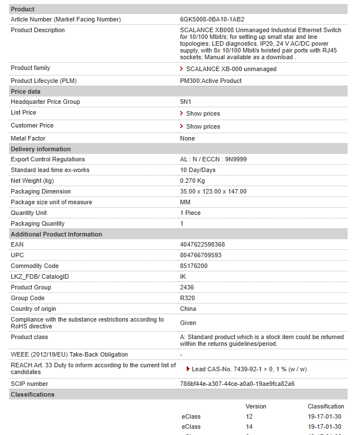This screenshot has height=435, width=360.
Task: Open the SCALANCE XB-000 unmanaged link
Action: (x=231, y=69)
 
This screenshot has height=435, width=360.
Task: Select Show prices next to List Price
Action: (x=203, y=113)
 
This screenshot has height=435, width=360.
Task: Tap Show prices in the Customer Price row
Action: (x=203, y=126)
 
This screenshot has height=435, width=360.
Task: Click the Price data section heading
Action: (x=25, y=91)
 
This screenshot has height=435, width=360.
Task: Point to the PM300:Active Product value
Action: (x=210, y=81)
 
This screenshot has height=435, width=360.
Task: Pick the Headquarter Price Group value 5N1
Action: (x=186, y=102)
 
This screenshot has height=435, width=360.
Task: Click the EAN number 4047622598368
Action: (x=202, y=244)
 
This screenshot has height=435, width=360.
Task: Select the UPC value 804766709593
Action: (x=200, y=255)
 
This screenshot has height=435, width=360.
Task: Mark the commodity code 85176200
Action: (x=194, y=266)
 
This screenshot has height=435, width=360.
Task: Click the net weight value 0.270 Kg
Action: (x=192, y=181)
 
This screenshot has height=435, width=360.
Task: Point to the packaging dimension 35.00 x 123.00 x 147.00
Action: (x=213, y=191)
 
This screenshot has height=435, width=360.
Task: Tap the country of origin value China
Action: (x=188, y=309)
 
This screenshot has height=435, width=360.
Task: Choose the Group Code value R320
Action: (x=187, y=298)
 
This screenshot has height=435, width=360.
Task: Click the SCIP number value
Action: (x=237, y=384)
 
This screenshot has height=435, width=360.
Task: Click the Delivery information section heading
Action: (x=41, y=149)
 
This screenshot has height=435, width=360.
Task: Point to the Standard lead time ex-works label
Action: (x=50, y=170)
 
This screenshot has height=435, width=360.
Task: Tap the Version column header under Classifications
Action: (x=256, y=406)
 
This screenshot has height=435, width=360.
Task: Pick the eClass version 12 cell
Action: (x=249, y=416)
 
